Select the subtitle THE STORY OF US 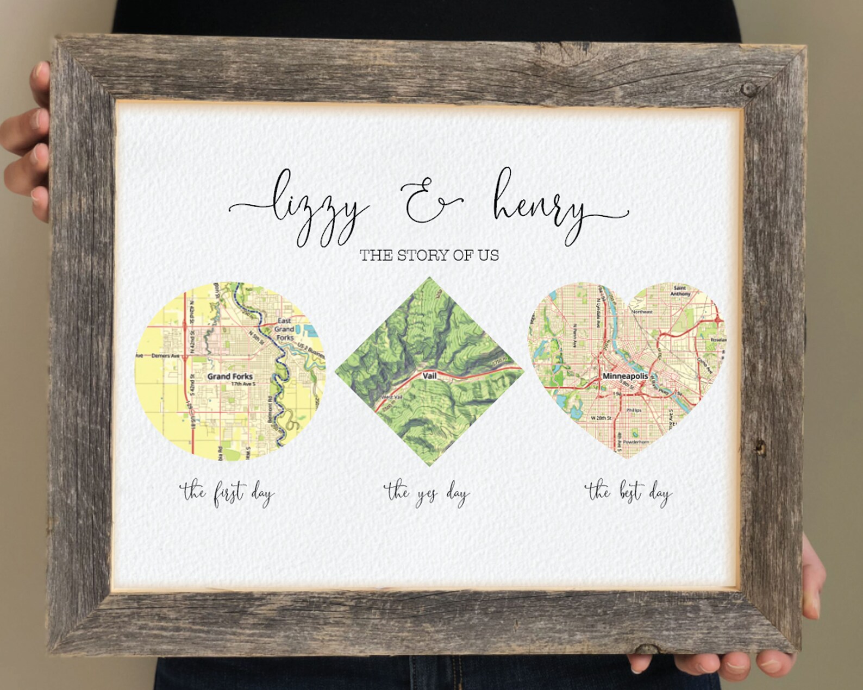point(429,255)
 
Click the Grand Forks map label point(230,376)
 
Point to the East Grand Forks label point(284,329)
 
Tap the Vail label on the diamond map point(429,375)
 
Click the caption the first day point(227,494)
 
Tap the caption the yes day point(427,494)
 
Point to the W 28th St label point(601,418)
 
